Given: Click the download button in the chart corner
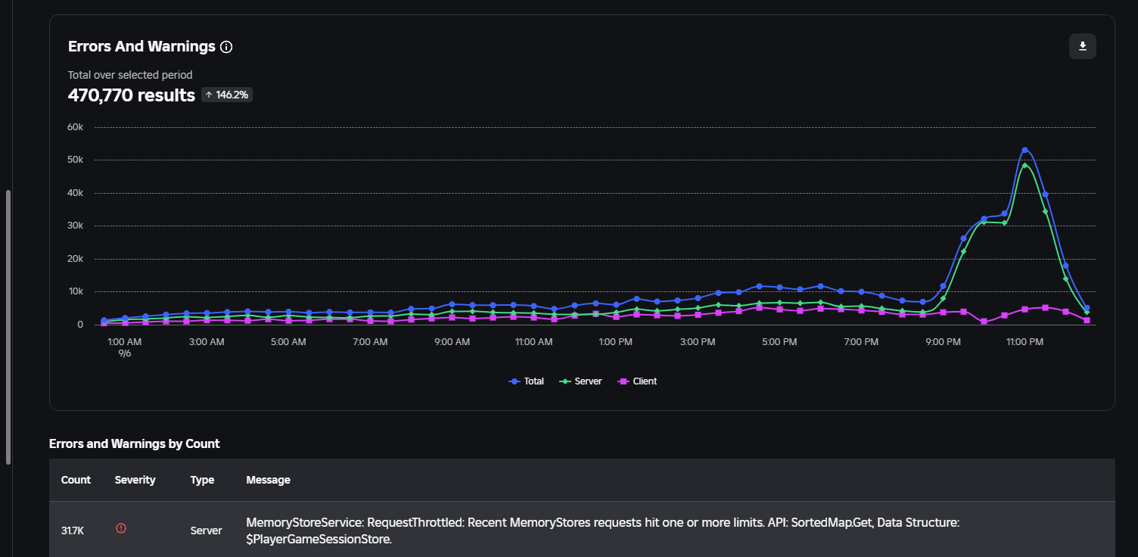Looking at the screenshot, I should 1082,46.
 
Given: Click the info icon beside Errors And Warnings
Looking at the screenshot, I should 226,47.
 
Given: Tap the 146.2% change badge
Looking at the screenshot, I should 226,95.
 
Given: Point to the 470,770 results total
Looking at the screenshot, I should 132,95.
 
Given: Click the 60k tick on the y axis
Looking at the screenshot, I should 75,127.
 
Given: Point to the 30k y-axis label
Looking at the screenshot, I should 75,226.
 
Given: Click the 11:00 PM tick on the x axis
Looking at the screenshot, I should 1025,342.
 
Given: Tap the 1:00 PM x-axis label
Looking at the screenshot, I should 615,342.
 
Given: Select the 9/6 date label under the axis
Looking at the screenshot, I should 125,353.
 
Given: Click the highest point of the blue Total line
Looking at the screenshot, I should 1025,150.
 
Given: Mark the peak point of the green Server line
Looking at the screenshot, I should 1025,165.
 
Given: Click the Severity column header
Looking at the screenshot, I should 135,480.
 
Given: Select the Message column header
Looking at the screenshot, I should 268,480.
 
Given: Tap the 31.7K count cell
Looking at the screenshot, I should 73,531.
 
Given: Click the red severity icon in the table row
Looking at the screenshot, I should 121,528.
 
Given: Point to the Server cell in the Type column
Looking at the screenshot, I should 206,531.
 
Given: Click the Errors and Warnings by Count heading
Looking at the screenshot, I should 135,444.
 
